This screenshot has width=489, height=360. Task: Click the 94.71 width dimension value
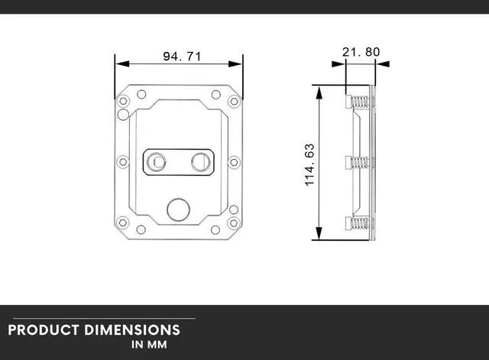click(179, 57)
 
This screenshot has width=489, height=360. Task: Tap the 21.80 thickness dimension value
click(361, 52)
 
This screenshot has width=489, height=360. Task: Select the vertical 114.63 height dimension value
click(309, 164)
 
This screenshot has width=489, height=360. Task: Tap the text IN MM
click(149, 345)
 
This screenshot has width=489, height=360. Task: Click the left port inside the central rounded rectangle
click(156, 162)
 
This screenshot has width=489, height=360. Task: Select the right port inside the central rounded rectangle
click(201, 162)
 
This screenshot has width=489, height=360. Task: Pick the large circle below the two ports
click(178, 207)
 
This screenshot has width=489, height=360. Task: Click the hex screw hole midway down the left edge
click(121, 162)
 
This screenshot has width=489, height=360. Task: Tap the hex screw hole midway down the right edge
click(235, 162)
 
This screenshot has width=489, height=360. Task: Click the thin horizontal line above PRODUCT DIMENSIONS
click(98, 318)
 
